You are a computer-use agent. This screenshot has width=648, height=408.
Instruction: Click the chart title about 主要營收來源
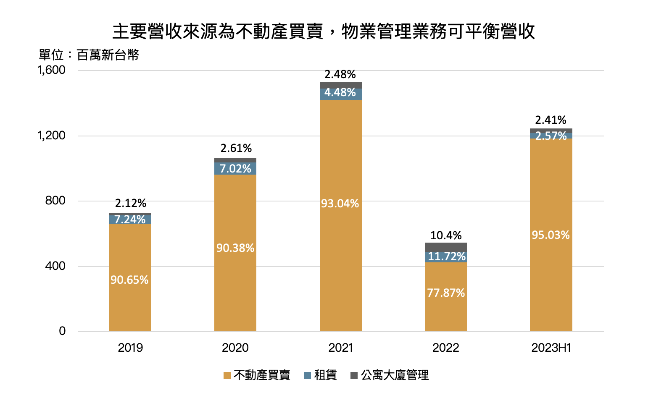click(324, 31)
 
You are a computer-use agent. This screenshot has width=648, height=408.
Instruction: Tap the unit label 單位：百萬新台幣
click(89, 55)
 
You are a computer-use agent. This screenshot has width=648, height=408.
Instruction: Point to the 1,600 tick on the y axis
click(52, 70)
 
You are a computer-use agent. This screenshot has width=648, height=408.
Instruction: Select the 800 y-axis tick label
click(55, 201)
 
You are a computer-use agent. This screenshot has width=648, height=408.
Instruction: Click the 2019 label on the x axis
click(130, 348)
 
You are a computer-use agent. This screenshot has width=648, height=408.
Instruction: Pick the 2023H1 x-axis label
click(551, 348)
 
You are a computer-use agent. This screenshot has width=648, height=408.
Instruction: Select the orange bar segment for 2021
click(340, 252)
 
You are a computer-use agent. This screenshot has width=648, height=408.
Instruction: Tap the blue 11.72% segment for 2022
click(446, 256)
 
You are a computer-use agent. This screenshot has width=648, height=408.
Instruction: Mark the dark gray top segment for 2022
click(446, 247)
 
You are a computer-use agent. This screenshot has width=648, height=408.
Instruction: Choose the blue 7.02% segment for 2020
click(235, 168)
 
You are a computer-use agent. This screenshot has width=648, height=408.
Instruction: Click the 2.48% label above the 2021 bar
click(340, 75)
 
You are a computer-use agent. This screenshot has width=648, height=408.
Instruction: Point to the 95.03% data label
click(551, 235)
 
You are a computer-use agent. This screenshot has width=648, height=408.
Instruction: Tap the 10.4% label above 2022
click(446, 235)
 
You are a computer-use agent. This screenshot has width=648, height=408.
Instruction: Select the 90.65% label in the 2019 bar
click(129, 280)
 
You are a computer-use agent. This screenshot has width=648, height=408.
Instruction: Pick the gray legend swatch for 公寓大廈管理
click(354, 375)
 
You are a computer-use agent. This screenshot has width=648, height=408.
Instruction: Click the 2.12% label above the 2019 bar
click(131, 204)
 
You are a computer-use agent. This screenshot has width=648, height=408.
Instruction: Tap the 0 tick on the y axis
click(62, 331)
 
